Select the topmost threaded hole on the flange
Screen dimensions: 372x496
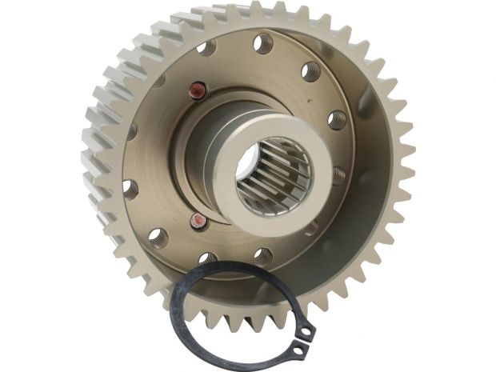pos(262,42)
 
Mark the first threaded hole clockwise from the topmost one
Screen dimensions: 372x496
pos(310,72)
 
